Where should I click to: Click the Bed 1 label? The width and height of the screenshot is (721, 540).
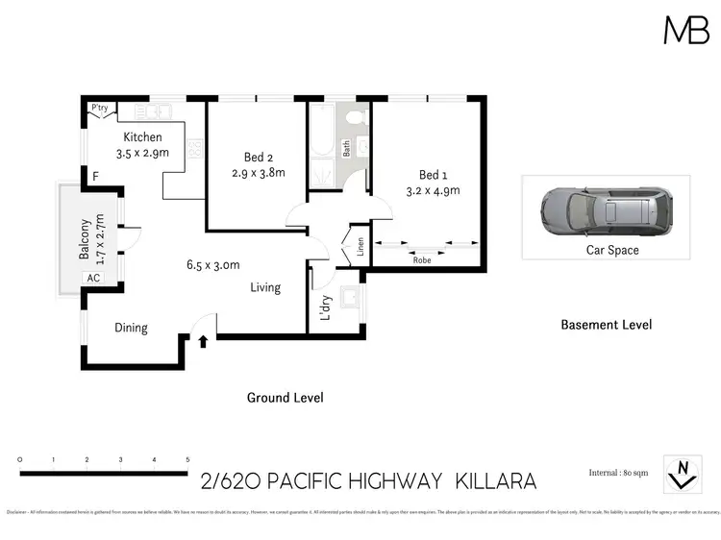[433, 175]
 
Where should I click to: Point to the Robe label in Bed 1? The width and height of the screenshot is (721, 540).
[421, 259]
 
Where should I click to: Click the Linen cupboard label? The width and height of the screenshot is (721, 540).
[354, 247]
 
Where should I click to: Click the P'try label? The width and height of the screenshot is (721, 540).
[98, 108]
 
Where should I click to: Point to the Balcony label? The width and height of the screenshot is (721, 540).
[85, 240]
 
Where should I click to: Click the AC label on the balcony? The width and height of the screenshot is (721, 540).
[93, 278]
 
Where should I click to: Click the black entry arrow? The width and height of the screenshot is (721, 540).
[203, 339]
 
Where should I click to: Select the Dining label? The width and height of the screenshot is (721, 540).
[131, 328]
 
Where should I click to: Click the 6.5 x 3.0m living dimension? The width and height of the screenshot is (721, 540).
[212, 265]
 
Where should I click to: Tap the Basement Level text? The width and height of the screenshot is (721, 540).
[606, 325]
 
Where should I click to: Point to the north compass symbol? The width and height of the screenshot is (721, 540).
[683, 469]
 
